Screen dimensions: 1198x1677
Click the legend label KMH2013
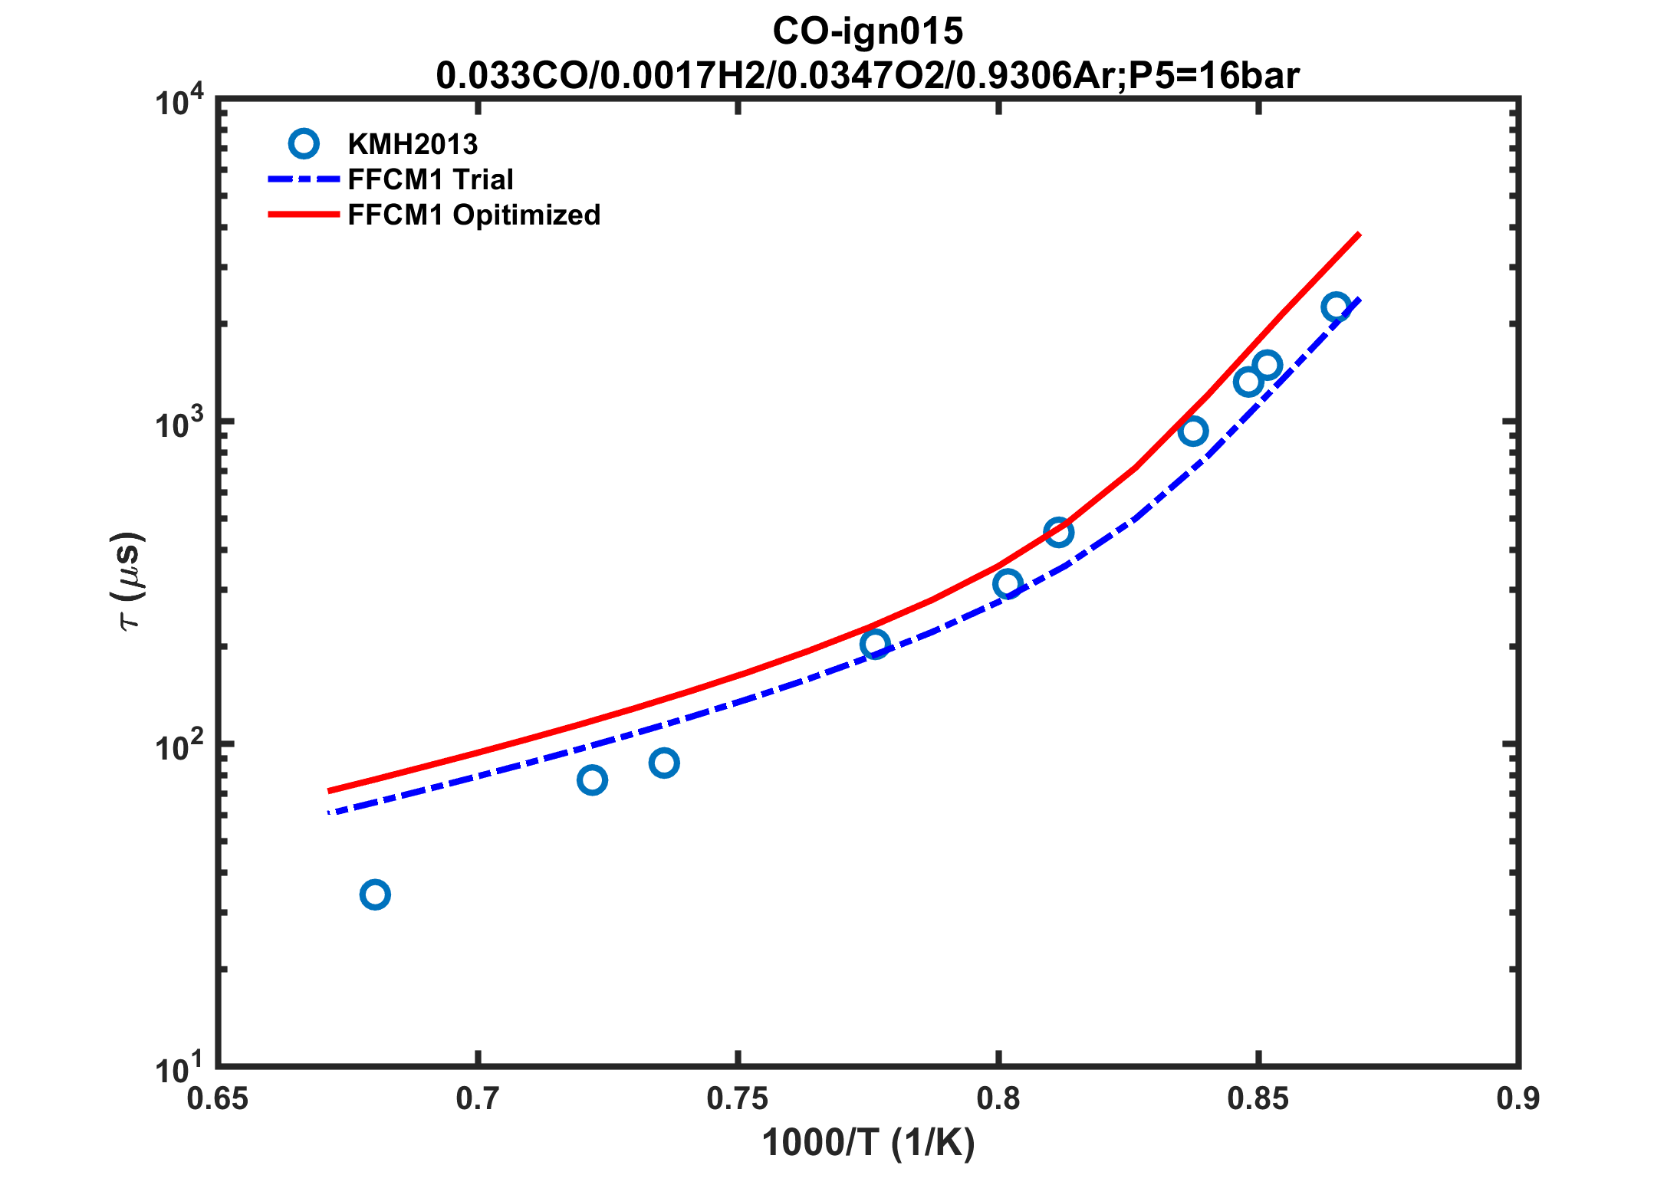413,144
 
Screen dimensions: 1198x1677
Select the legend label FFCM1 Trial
430,179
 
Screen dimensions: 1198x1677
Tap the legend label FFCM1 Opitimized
474,215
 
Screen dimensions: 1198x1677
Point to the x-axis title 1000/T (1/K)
868,1143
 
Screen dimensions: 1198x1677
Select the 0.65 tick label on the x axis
218,1099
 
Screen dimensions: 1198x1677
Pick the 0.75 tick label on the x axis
738,1099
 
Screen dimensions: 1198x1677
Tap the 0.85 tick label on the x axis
1258,1099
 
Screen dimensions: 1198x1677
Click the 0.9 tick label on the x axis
1518,1099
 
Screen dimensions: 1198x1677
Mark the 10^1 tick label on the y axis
179,1068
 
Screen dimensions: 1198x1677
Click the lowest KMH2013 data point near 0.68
375,894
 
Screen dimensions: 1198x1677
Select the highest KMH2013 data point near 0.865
1337,307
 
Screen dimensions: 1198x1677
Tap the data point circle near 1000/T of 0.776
875,644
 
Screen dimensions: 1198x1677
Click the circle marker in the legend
304,143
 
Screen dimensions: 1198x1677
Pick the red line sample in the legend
304,215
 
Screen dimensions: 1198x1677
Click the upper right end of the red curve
1359,234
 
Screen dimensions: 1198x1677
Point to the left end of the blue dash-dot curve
330,812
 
